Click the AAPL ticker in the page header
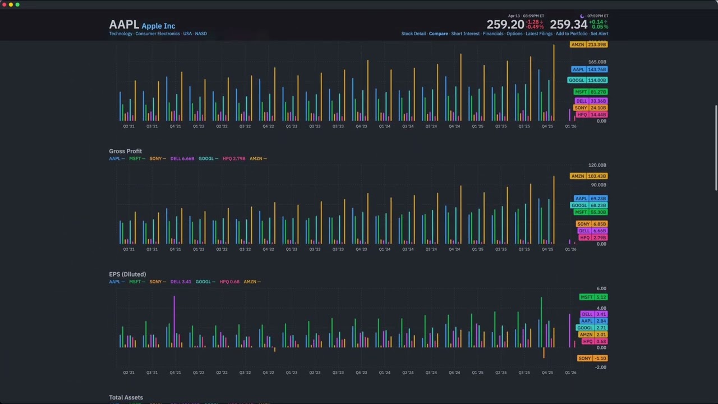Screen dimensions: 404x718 click(123, 25)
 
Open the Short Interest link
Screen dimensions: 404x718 click(465, 34)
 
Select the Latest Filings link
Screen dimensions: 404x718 click(538, 34)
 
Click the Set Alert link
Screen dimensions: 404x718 click(599, 34)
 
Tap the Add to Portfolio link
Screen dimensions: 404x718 click(571, 34)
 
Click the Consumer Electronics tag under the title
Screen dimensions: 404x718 click(158, 34)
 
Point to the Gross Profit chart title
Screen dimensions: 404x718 click(125, 151)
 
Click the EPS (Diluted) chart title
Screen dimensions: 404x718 click(127, 274)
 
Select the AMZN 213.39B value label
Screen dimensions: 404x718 click(588, 44)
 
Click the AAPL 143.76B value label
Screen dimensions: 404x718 click(589, 70)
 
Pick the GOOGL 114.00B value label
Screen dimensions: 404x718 click(587, 80)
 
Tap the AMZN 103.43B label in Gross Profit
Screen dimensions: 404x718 click(588, 176)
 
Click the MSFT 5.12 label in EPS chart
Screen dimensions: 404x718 click(593, 297)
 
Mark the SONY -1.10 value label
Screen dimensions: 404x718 click(592, 358)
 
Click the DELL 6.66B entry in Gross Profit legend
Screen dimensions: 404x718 click(182, 159)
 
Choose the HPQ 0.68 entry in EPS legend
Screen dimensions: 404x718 click(229, 282)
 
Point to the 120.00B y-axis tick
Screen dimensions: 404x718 click(597, 166)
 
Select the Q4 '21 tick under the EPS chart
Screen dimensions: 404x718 click(175, 373)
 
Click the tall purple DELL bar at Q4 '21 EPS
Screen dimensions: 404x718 click(174, 320)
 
